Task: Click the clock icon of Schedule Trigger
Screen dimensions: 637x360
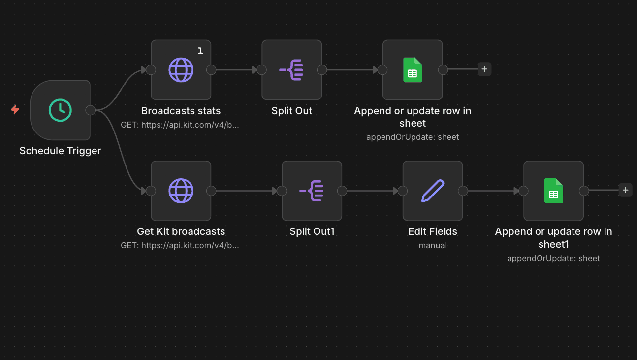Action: click(x=60, y=110)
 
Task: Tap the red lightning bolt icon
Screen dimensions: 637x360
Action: click(x=15, y=109)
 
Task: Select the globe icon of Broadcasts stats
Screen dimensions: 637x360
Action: click(x=181, y=70)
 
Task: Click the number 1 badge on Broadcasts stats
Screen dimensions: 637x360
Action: click(x=200, y=51)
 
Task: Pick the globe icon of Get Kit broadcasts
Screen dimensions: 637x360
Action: click(x=181, y=191)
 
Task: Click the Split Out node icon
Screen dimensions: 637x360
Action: click(x=291, y=70)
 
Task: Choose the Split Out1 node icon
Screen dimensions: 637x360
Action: click(x=312, y=191)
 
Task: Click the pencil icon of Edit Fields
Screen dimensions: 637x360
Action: click(x=433, y=191)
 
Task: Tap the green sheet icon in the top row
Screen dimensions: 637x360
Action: click(x=413, y=70)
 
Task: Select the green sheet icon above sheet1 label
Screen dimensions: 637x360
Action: click(x=553, y=191)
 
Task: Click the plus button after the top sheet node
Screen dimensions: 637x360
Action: click(x=484, y=69)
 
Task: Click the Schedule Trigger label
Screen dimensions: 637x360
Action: click(x=60, y=151)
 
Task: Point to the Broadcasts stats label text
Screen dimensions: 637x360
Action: click(x=181, y=111)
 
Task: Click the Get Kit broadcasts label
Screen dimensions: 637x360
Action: click(x=181, y=231)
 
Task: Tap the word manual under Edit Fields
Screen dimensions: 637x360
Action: click(x=433, y=245)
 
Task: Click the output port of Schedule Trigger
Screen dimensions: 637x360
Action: click(x=91, y=110)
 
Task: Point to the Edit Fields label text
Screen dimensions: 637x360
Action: click(x=433, y=231)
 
